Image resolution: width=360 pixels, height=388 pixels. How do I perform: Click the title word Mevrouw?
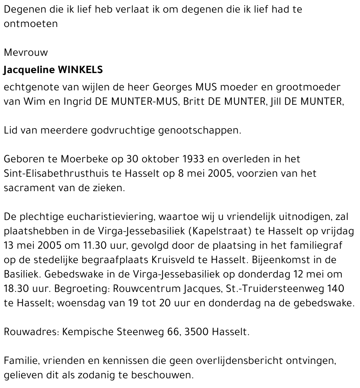[26, 53]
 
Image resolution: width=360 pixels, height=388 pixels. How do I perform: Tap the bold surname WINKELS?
[80, 70]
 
